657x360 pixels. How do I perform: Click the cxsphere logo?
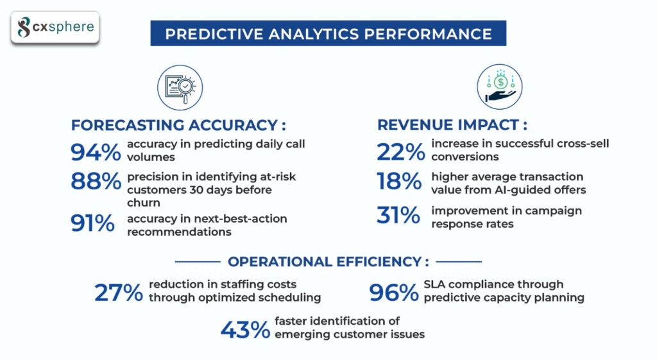pyautogui.click(x=56, y=28)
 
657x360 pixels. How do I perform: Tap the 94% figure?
pyautogui.click(x=96, y=152)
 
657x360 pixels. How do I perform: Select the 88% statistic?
pyautogui.click(x=96, y=182)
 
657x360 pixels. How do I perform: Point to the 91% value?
pyautogui.click(x=93, y=223)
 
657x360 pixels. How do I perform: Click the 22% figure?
pyautogui.click(x=400, y=152)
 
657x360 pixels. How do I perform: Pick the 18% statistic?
pyautogui.click(x=398, y=182)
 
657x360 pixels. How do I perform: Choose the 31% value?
pyautogui.click(x=398, y=216)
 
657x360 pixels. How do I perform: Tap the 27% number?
pyautogui.click(x=118, y=293)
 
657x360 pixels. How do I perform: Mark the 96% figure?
pyautogui.click(x=393, y=293)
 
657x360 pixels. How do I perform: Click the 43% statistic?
pyautogui.click(x=245, y=330)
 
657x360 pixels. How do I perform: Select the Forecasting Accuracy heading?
pyautogui.click(x=178, y=124)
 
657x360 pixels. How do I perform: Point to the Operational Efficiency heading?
pyautogui.click(x=328, y=262)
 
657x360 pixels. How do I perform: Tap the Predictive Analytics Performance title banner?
pyautogui.click(x=328, y=33)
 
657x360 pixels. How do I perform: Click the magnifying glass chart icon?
pyautogui.click(x=180, y=88)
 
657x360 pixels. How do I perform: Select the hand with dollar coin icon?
pyautogui.click(x=500, y=86)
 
